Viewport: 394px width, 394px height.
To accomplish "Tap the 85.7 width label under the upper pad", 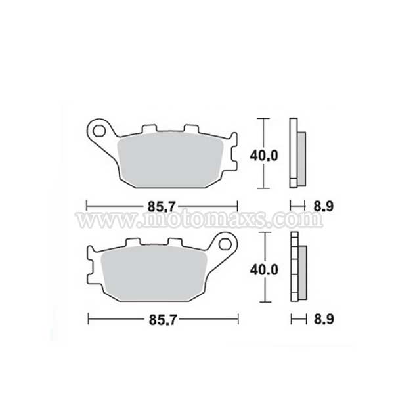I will [x=162, y=206].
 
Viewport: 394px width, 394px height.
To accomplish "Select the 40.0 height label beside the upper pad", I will [x=265, y=156].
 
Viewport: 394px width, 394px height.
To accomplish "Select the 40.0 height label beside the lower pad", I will [x=265, y=270].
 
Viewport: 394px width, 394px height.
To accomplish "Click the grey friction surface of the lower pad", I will [x=154, y=276].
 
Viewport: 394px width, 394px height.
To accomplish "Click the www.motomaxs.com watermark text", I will [x=197, y=219].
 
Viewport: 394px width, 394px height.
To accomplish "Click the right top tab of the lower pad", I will [x=177, y=243].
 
